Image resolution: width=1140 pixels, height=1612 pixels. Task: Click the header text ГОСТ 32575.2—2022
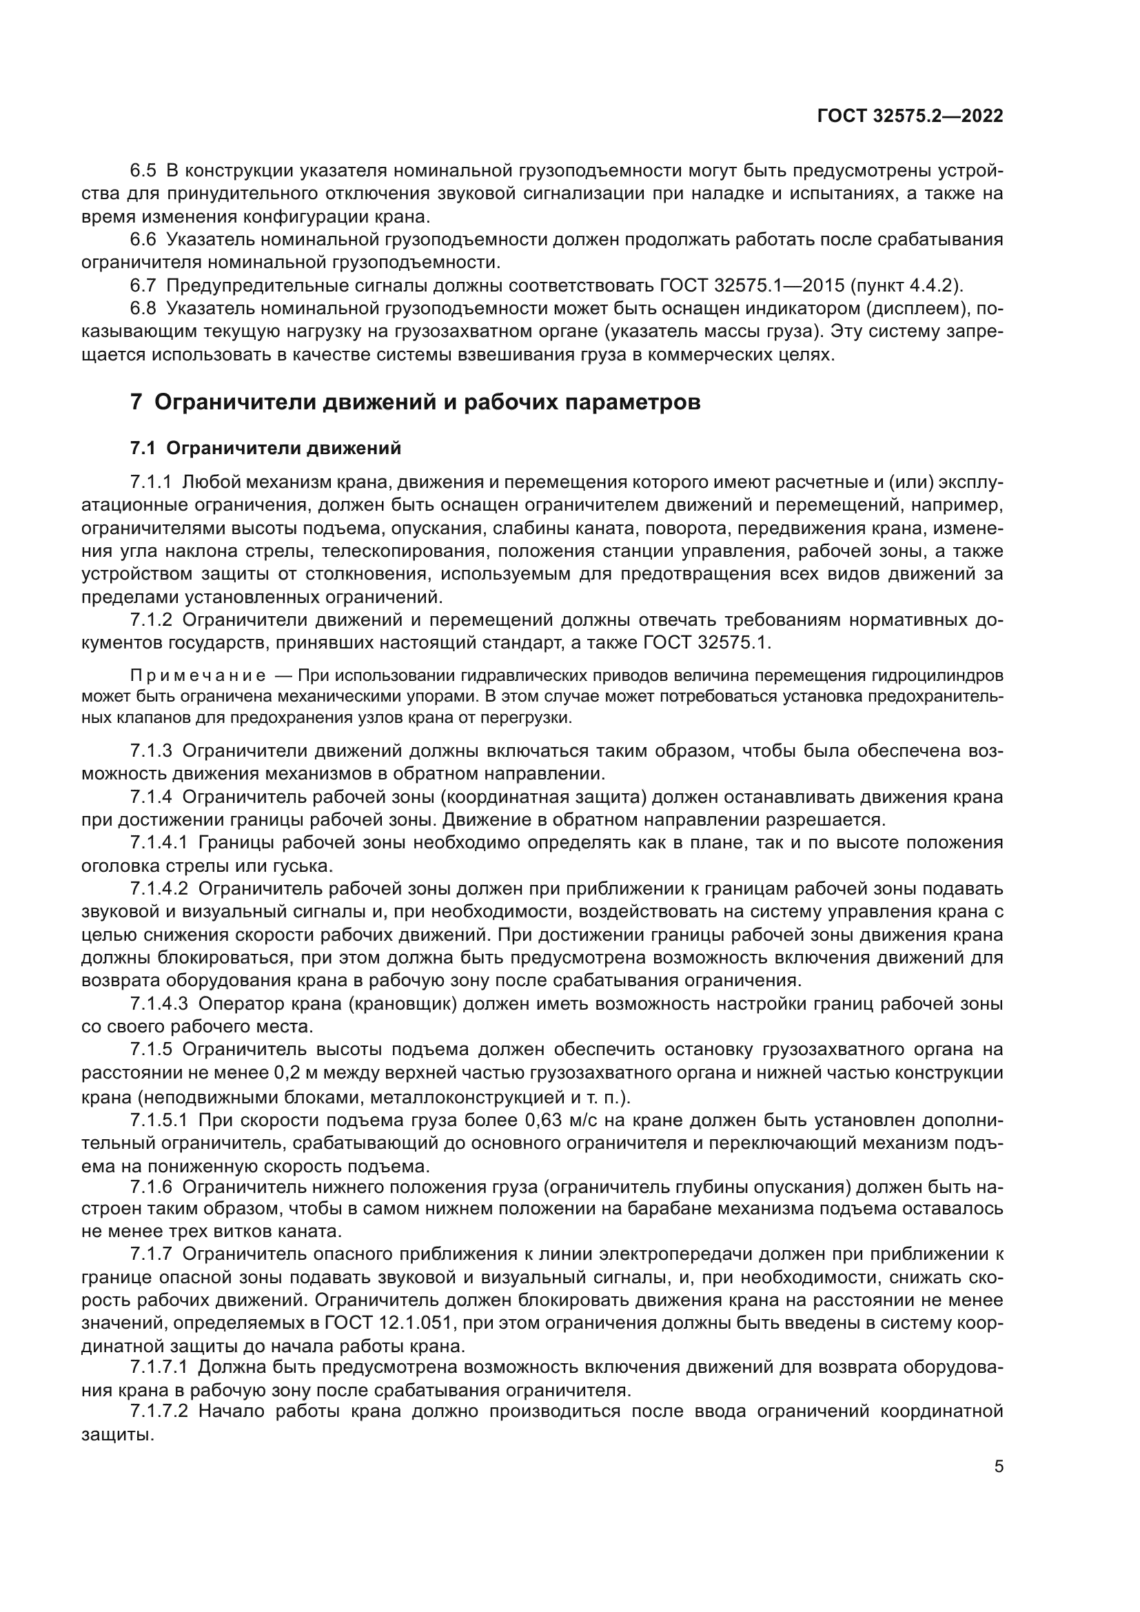point(910,116)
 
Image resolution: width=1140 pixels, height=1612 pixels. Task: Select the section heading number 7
point(137,403)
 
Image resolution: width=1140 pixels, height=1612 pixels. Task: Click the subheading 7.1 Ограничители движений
point(266,448)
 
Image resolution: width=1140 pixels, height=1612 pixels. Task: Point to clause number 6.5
point(143,171)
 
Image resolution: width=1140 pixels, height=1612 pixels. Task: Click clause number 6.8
point(143,308)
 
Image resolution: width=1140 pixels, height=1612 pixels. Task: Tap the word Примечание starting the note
point(198,676)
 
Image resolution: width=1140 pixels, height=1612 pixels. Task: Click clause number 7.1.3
point(151,751)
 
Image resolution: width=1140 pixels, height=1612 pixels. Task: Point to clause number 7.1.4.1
point(159,842)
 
